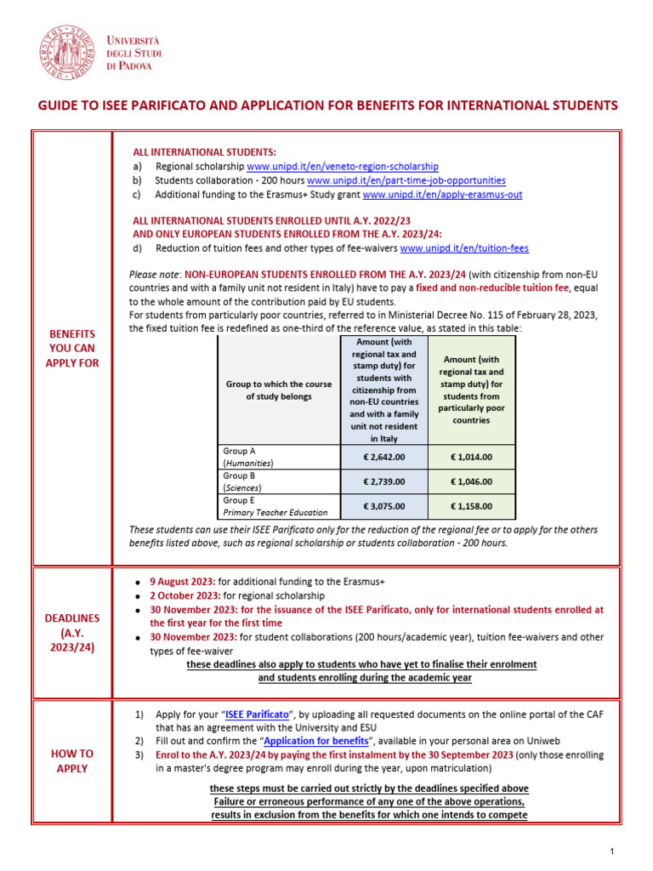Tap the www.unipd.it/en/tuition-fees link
pos(463,248)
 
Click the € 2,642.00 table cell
pos(384,457)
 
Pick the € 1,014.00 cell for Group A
pos(471,457)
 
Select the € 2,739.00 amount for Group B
pos(384,481)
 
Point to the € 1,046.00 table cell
pos(471,481)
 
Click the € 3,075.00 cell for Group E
pos(384,506)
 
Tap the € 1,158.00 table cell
pos(471,506)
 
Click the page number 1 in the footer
pos(611,851)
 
